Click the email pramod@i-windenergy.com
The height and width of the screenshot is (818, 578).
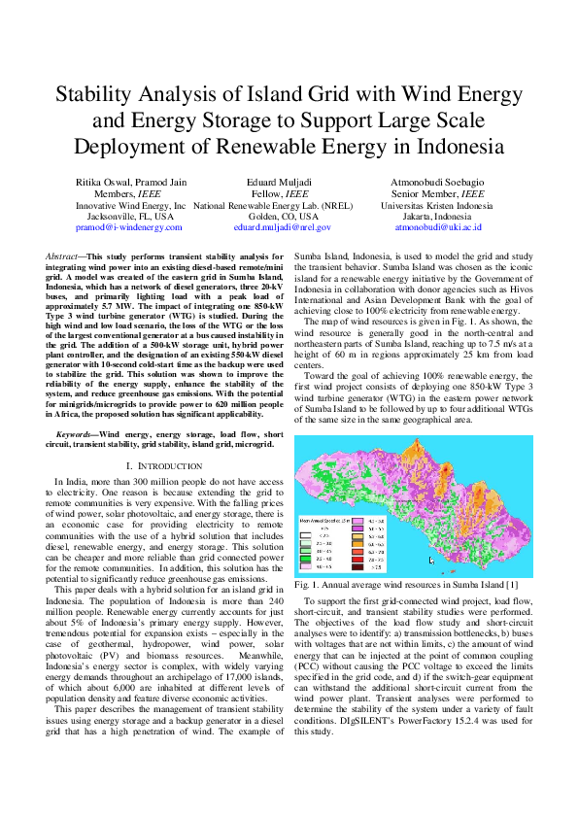point(131,226)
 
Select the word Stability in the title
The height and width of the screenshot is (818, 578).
point(99,95)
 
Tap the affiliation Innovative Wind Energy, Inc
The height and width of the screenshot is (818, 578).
point(131,206)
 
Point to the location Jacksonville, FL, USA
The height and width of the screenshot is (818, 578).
point(131,217)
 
